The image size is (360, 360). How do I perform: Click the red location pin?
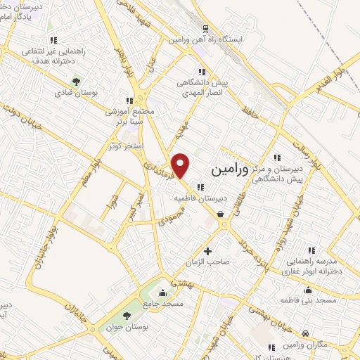pyautogui.click(x=181, y=165)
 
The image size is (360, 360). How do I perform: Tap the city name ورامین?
pyautogui.click(x=229, y=169)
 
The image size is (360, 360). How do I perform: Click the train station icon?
pyautogui.click(x=205, y=29)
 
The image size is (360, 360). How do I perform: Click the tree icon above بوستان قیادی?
pyautogui.click(x=77, y=80)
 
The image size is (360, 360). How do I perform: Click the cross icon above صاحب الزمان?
pyautogui.click(x=207, y=250)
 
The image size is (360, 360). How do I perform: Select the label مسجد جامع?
pyautogui.click(x=162, y=304)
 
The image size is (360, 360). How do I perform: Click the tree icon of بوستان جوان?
pyautogui.click(x=126, y=316)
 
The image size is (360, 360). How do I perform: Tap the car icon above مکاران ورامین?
pyautogui.click(x=305, y=333)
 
